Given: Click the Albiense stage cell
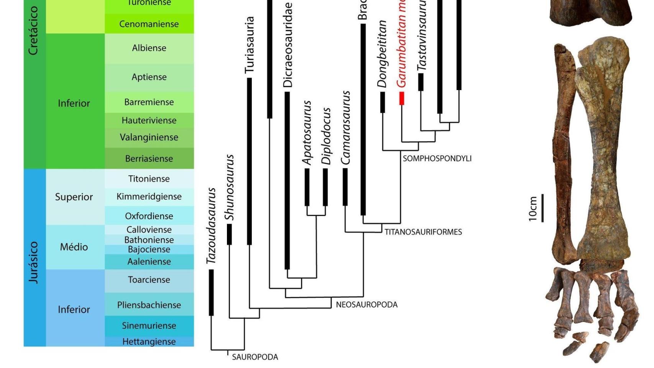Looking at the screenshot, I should (149, 48).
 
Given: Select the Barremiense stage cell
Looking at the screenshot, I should (149, 102).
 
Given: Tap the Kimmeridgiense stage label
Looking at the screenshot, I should (149, 197).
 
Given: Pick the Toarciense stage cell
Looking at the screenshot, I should (149, 280).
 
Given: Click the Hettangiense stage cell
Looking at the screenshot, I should (149, 342).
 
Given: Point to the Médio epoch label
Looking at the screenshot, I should (74, 247).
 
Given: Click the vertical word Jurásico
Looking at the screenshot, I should (34, 262).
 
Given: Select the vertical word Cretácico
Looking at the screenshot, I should (34, 31).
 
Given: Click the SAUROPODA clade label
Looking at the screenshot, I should (255, 357).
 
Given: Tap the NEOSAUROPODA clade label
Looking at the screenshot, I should (366, 305).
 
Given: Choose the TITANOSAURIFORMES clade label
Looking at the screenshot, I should (423, 232).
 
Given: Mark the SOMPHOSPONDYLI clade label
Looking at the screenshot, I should (437, 158).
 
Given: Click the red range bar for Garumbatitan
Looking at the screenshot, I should (402, 98).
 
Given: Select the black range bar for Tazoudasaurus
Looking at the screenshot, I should (211, 292).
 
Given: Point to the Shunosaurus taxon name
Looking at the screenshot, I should (229, 187).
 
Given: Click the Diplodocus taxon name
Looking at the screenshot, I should (326, 136).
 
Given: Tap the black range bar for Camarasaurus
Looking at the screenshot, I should (345, 187).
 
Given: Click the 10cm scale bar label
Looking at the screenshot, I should (533, 209).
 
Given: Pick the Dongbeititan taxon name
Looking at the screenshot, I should (382, 54).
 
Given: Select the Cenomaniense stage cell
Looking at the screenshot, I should (149, 24).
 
